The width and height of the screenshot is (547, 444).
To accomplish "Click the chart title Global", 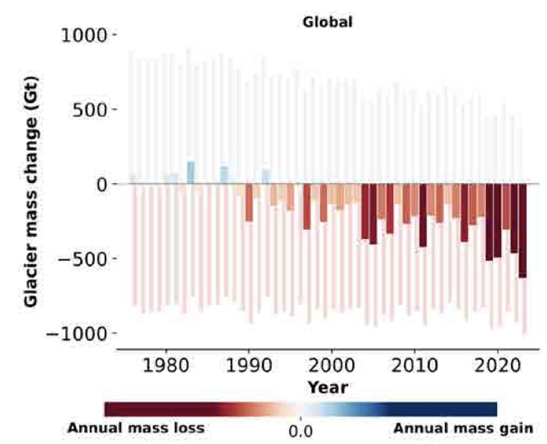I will click(327, 22).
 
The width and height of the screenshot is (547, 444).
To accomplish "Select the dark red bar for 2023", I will click(522, 231).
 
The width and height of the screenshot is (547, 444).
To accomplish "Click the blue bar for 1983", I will click(191, 173).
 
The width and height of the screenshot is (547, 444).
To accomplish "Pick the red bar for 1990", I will click(249, 202).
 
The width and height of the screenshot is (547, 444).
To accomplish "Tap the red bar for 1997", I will click(307, 206).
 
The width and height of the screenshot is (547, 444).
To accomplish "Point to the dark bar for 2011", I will click(423, 215).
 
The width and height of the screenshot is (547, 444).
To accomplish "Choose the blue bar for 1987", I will click(224, 175).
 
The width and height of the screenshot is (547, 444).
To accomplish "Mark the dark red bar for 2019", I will click(489, 222).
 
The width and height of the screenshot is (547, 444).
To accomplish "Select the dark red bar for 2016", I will click(464, 213).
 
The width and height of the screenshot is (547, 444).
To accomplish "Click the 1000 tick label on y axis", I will click(84, 36).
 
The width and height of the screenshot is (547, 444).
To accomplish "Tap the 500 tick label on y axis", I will click(90, 110).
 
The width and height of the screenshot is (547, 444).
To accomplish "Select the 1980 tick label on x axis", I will click(166, 365).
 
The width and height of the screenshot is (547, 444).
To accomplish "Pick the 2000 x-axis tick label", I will click(332, 365).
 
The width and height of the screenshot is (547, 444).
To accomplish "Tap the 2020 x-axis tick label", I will click(498, 365).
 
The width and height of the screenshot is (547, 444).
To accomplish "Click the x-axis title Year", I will click(328, 387).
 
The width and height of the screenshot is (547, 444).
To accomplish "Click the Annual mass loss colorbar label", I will click(136, 428).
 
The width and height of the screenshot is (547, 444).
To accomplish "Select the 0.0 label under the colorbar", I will click(300, 431).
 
